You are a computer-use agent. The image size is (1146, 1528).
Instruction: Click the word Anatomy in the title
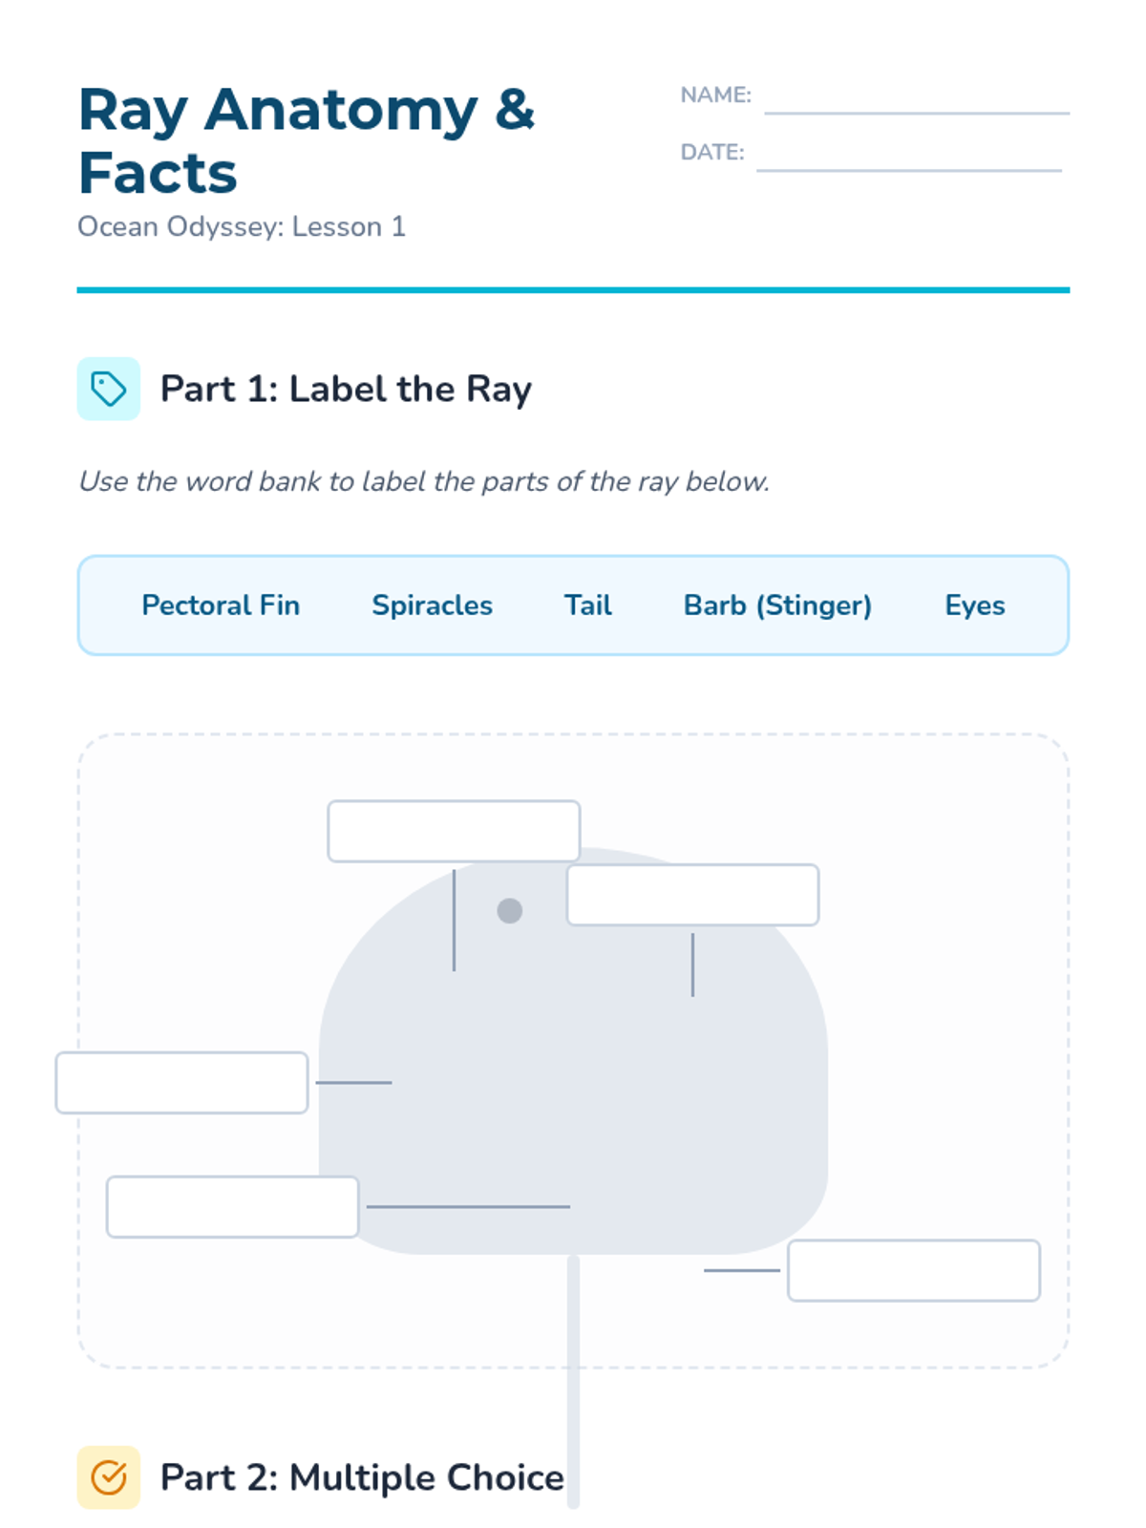pyautogui.click(x=340, y=113)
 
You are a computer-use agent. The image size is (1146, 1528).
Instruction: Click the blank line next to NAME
pyautogui.click(x=916, y=113)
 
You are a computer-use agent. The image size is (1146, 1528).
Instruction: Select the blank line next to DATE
pyautogui.click(x=908, y=170)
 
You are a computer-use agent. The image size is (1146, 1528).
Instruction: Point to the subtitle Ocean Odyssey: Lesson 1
pyautogui.click(x=241, y=227)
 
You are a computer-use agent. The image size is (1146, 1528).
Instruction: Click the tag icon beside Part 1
pyautogui.click(x=109, y=389)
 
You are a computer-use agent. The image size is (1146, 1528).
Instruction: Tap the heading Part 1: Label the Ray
pyautogui.click(x=346, y=389)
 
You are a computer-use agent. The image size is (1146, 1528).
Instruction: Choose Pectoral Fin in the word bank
pyautogui.click(x=221, y=605)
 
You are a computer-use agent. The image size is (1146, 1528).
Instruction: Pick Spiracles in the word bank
pyautogui.click(x=432, y=605)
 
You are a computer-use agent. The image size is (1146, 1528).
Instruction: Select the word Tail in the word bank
pyautogui.click(x=588, y=605)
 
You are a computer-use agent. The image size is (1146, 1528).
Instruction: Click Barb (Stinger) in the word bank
pyautogui.click(x=778, y=605)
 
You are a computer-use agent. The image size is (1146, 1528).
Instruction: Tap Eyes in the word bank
pyautogui.click(x=975, y=605)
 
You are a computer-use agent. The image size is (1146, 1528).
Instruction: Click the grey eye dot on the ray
pyautogui.click(x=509, y=910)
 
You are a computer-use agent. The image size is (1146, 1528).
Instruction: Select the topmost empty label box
pyautogui.click(x=454, y=831)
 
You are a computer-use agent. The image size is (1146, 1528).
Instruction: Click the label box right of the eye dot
pyautogui.click(x=692, y=895)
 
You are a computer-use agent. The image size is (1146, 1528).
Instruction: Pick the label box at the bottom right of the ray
pyautogui.click(x=914, y=1270)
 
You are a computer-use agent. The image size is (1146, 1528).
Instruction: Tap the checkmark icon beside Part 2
pyautogui.click(x=109, y=1477)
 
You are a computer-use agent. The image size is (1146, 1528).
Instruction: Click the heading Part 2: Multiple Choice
pyautogui.click(x=362, y=1477)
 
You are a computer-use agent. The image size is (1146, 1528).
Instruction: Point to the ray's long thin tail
pyautogui.click(x=573, y=1381)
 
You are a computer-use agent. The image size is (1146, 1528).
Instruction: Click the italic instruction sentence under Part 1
pyautogui.click(x=424, y=481)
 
